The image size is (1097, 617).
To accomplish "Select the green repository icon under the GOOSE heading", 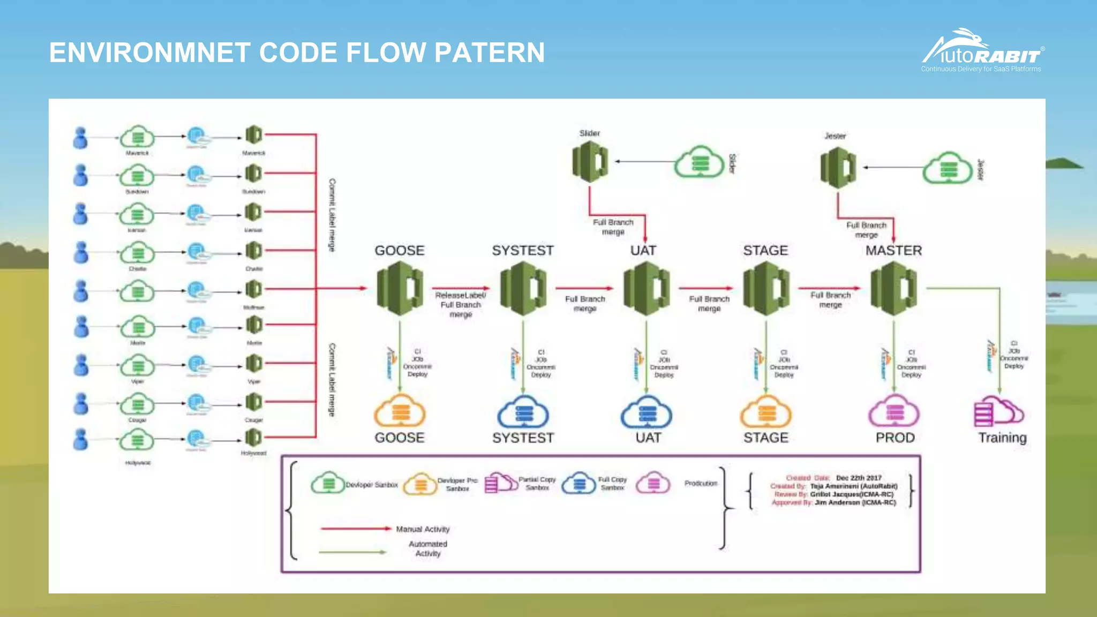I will tap(400, 289).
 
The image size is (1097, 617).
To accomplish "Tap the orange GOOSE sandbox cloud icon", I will tap(400, 412).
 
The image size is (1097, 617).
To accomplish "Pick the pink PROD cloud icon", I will tap(894, 412).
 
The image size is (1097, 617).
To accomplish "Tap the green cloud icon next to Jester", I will tap(948, 168).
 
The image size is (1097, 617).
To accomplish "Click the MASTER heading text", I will tap(893, 251).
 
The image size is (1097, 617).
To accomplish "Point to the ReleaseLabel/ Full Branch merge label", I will tap(461, 305).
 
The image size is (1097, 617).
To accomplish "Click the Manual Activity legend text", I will tap(423, 529).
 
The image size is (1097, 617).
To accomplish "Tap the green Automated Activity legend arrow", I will tap(352, 552).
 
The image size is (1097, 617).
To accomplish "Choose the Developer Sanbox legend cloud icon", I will tap(328, 483).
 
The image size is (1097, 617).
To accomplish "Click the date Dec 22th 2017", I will tap(858, 478).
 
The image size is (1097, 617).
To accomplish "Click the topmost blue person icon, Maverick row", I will tap(80, 138).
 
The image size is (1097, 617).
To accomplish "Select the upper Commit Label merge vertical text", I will tap(332, 215).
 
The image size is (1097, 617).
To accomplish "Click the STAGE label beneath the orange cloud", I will tap(766, 438).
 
